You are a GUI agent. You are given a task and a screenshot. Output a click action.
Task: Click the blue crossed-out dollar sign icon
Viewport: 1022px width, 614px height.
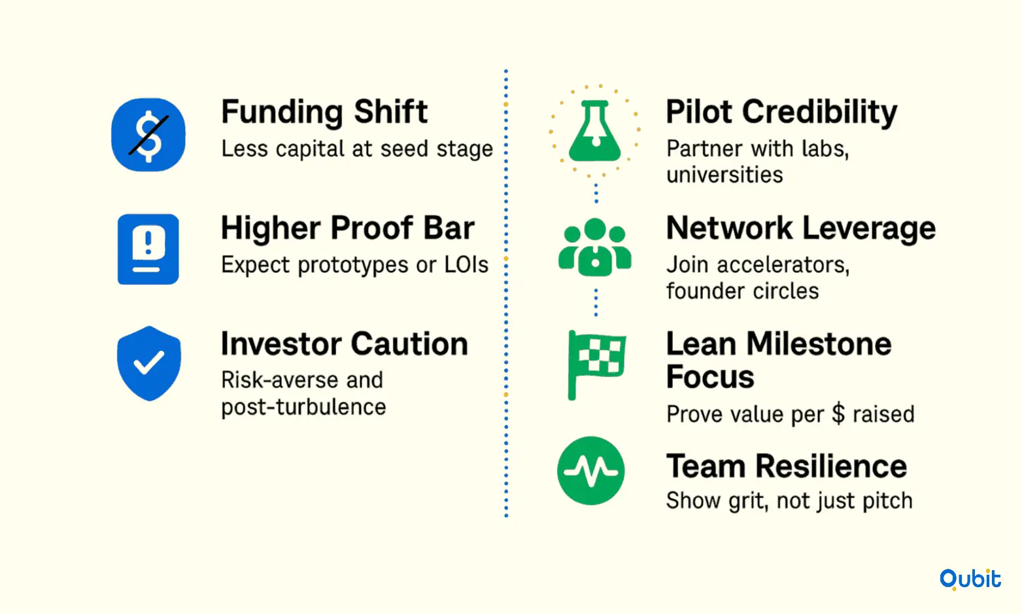point(148,135)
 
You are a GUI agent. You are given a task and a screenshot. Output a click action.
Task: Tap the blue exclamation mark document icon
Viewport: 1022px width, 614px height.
point(148,249)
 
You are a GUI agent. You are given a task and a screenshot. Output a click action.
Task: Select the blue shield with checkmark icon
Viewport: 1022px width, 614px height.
point(148,363)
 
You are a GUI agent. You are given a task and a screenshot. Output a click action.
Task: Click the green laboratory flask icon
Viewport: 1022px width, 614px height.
point(595,131)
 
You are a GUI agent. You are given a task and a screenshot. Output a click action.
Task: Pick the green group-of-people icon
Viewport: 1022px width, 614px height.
point(595,247)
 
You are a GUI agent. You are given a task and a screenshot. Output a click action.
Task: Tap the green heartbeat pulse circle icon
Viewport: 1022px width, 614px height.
point(591,471)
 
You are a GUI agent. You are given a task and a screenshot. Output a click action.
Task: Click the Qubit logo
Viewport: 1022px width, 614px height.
point(970,579)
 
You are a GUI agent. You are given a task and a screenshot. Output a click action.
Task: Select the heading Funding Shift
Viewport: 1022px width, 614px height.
point(324,112)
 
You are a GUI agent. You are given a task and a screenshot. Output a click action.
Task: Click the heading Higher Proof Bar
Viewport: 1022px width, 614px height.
point(348,228)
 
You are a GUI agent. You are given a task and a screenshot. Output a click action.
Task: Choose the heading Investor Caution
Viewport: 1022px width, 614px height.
point(345,344)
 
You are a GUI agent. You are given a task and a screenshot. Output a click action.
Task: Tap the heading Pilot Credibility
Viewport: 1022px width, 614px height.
point(781,113)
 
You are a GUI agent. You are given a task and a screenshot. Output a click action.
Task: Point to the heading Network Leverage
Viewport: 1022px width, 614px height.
point(801,228)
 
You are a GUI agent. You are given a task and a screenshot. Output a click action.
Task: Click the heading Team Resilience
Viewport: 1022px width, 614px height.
point(787,467)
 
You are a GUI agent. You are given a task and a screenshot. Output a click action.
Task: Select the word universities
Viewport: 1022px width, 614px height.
point(724,175)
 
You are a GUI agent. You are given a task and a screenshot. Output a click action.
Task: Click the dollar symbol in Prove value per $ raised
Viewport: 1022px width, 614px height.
point(838,414)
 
